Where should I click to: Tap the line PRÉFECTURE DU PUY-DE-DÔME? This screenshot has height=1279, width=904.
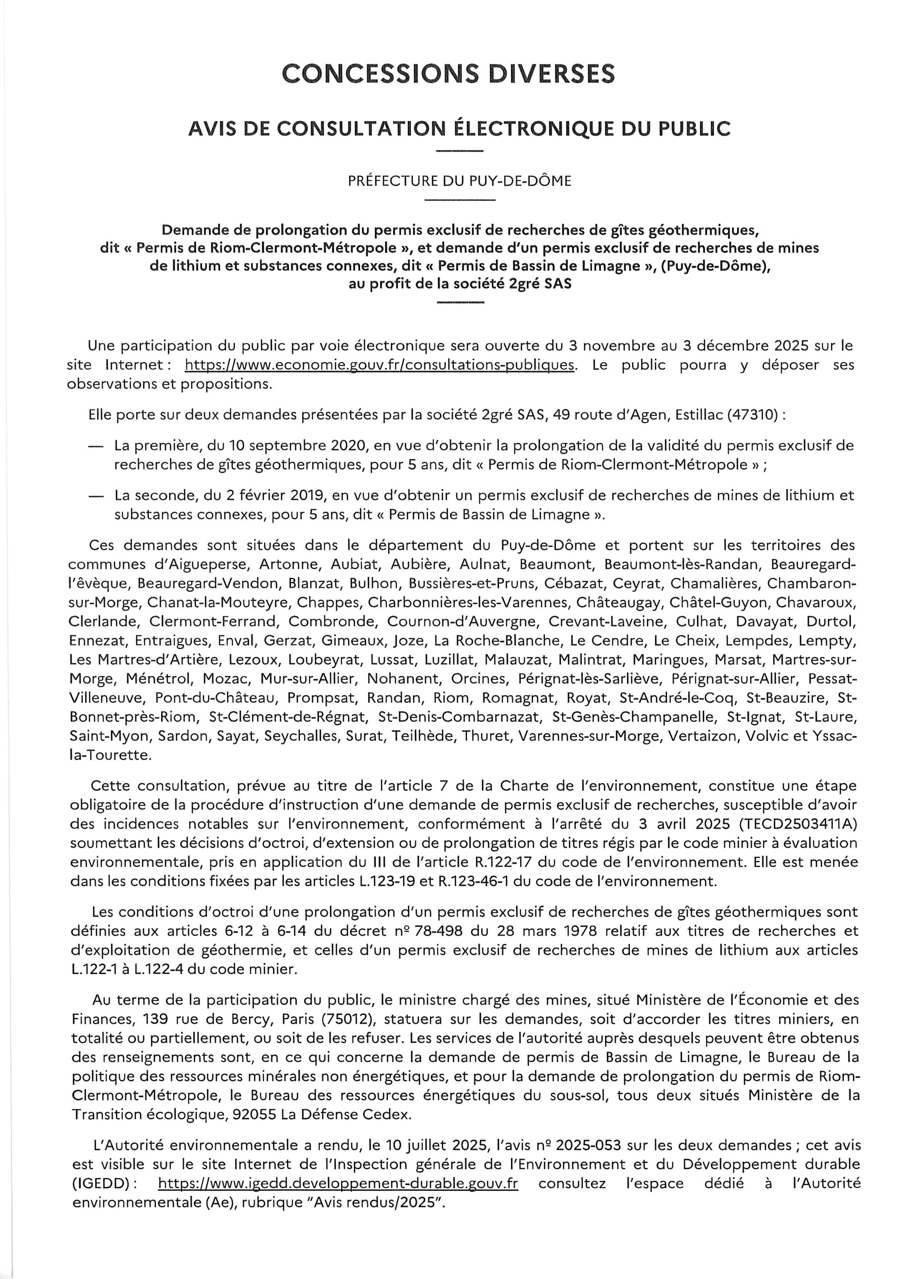459,181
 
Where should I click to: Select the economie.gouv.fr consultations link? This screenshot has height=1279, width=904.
379,365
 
